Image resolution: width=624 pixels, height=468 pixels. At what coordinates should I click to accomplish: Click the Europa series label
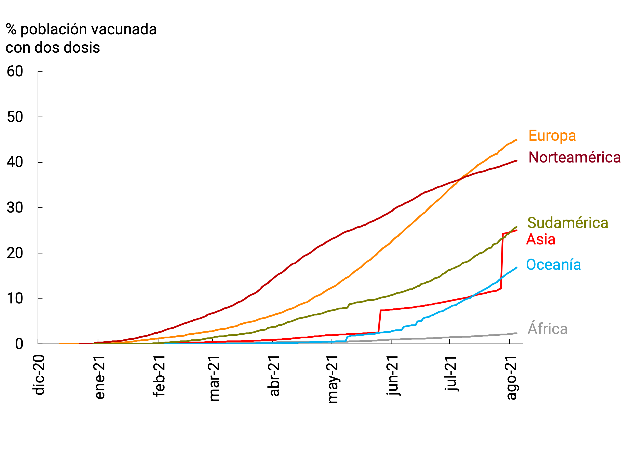[552, 136]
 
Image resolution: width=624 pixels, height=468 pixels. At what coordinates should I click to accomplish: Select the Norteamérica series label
[574, 157]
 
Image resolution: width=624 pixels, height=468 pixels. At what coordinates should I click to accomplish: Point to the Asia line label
[541, 240]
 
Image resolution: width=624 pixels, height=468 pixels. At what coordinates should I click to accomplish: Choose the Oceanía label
[553, 265]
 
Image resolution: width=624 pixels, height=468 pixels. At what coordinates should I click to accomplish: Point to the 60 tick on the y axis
[15, 72]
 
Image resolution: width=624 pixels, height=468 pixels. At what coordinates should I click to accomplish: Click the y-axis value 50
[15, 117]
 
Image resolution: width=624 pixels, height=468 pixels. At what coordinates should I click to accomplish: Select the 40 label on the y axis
[15, 163]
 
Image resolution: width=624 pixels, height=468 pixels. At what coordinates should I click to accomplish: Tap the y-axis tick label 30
[15, 208]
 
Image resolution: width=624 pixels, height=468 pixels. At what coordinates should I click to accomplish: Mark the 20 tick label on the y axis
[15, 253]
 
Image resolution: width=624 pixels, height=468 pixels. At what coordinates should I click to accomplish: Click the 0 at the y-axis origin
[19, 344]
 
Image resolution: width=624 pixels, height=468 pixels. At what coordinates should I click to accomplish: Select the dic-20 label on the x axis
[39, 375]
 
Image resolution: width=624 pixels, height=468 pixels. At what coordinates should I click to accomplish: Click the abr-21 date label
[274, 376]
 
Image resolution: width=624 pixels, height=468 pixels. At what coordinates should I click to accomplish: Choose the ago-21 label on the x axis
[511, 378]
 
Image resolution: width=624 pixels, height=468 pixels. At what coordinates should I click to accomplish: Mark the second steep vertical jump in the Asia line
[502, 261]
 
